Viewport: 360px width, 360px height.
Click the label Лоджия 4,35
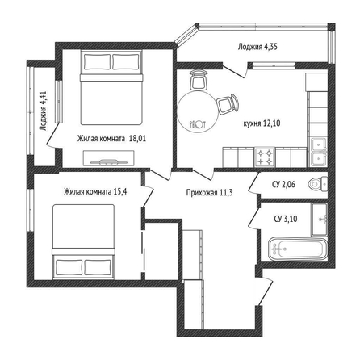click(x=257, y=47)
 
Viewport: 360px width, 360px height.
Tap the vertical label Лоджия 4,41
click(x=44, y=111)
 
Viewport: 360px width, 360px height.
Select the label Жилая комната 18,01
click(x=111, y=139)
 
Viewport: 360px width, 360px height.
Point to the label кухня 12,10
click(x=262, y=123)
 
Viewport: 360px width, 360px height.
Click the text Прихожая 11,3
click(x=209, y=193)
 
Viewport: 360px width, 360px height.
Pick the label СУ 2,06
click(x=283, y=185)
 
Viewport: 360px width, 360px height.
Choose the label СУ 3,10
click(x=286, y=219)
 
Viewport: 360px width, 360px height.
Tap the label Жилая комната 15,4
click(x=95, y=192)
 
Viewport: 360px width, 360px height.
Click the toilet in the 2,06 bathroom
click(x=317, y=184)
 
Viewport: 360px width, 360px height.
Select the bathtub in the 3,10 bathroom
click(x=297, y=249)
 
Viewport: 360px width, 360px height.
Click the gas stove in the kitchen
click(x=265, y=157)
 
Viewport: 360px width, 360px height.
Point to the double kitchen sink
click(x=319, y=152)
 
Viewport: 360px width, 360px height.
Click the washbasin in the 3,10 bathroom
click(x=319, y=220)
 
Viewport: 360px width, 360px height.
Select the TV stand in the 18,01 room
click(x=109, y=159)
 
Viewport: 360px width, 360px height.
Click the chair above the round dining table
click(x=198, y=80)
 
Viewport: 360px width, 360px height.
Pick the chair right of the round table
click(x=228, y=104)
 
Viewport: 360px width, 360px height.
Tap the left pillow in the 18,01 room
click(x=97, y=62)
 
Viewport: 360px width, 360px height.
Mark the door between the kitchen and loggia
click(x=234, y=70)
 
